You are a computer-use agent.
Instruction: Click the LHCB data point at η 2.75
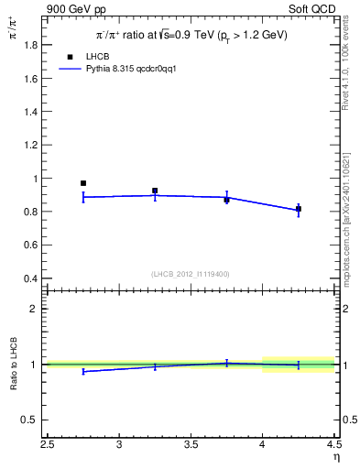tap(83, 183)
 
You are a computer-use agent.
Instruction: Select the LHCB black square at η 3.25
tap(155, 191)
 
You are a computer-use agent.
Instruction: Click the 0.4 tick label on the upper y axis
tap(31, 278)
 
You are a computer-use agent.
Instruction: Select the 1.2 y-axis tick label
tap(31, 146)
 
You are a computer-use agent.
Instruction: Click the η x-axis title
tap(335, 457)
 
